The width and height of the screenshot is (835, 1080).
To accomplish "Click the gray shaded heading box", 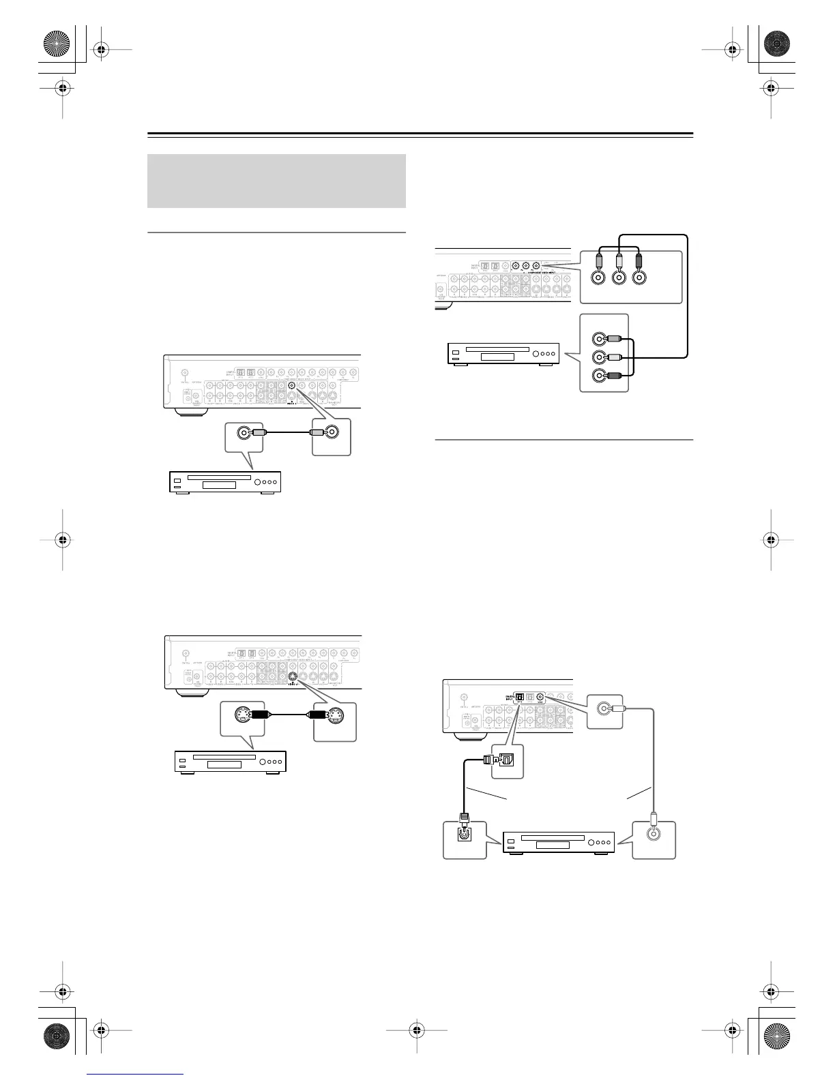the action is click(x=276, y=181).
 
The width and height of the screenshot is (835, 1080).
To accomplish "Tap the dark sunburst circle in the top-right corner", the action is click(x=776, y=44).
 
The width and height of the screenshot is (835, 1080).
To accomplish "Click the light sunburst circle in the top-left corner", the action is click(x=57, y=44).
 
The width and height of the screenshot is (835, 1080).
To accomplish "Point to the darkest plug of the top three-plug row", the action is click(x=639, y=261).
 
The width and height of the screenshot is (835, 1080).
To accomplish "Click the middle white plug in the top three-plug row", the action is click(x=619, y=261).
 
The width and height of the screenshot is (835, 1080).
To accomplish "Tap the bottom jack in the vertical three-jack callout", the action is click(x=599, y=374).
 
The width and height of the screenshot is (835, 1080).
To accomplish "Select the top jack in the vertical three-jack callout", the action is click(x=599, y=337).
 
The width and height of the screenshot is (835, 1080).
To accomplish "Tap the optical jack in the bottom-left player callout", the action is click(x=465, y=832).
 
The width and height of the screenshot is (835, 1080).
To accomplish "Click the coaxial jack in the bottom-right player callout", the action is click(x=654, y=832).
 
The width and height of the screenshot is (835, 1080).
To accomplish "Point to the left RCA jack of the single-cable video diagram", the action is click(x=243, y=432).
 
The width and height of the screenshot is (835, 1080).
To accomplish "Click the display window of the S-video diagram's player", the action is click(x=224, y=764).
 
